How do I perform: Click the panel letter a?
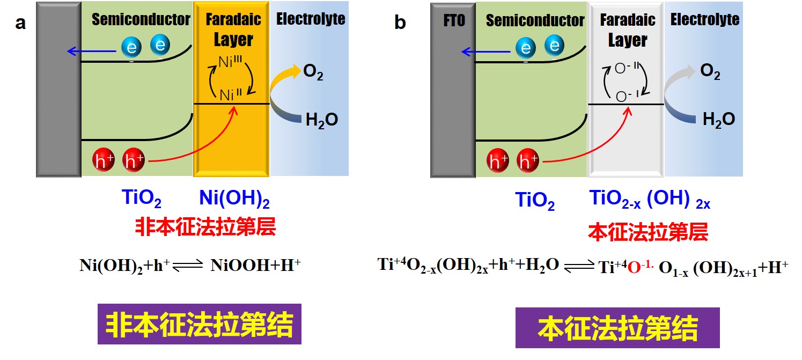[21, 24]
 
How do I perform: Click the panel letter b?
[400, 24]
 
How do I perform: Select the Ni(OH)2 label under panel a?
[233, 200]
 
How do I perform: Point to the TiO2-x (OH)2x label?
[649, 200]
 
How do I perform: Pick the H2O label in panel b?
[719, 119]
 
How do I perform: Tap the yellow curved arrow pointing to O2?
[283, 78]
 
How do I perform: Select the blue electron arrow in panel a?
[91, 52]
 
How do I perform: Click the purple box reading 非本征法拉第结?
[199, 324]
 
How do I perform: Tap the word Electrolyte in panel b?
[704, 20]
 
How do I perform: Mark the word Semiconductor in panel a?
[141, 20]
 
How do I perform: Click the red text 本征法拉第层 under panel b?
[648, 232]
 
